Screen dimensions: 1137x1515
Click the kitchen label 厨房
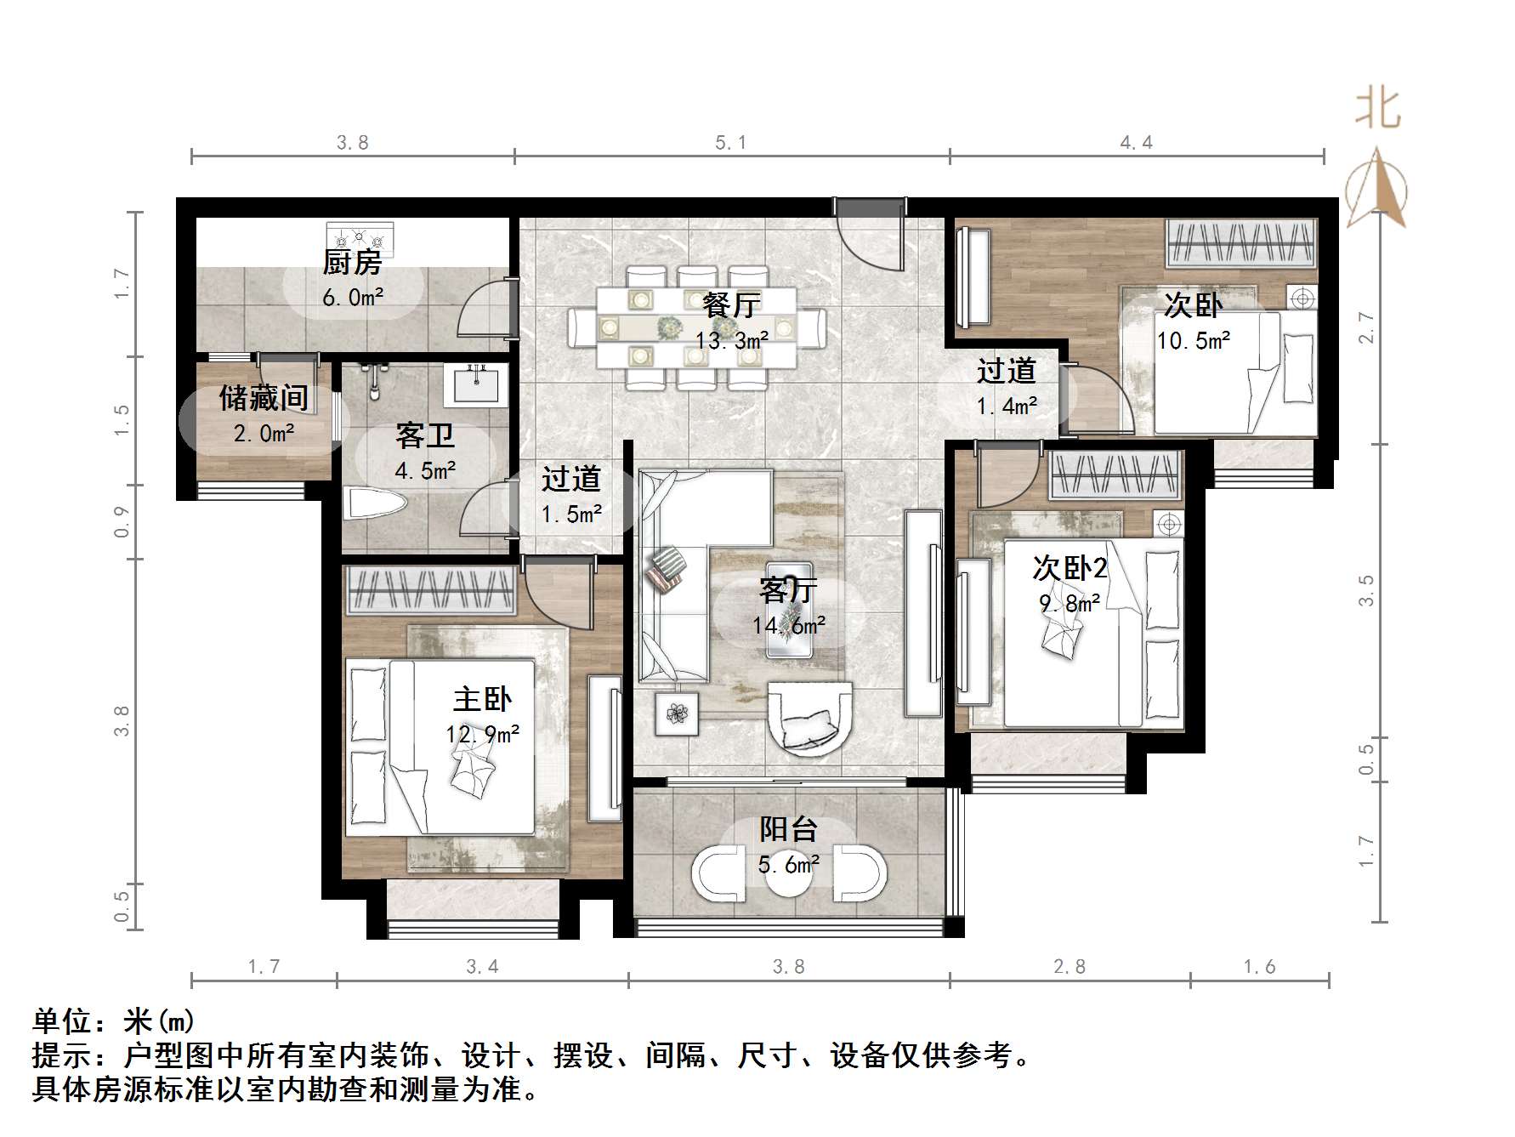click(352, 262)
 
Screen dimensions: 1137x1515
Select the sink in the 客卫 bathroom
click(476, 384)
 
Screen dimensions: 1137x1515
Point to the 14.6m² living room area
click(788, 626)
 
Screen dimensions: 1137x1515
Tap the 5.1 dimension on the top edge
click(730, 143)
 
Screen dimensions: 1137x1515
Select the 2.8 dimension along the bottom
click(1069, 967)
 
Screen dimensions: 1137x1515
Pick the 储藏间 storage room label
click(264, 397)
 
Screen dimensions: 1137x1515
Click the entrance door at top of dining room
click(869, 234)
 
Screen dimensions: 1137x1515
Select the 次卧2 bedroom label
click(1069, 567)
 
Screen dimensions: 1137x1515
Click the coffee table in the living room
click(789, 610)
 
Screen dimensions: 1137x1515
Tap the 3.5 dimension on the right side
click(1365, 590)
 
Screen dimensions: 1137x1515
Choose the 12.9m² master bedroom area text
click(482, 733)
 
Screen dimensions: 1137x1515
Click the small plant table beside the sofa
click(677, 713)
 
